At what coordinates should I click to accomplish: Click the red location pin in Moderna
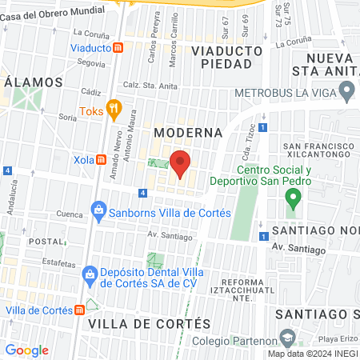181,163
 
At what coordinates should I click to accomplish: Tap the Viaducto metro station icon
118,47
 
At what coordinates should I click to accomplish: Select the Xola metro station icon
102,159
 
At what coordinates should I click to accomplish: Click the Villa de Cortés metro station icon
79,310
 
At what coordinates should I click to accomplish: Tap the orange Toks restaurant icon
114,106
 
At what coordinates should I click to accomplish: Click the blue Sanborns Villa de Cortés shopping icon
98,213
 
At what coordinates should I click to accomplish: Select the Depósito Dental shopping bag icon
91,277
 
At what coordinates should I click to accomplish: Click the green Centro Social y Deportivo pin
294,197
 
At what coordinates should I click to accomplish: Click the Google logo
26,350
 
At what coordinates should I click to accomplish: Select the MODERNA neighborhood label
187,131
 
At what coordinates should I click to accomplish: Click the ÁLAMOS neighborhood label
34,82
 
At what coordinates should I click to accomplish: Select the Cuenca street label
71,214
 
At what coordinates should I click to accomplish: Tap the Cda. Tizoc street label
250,135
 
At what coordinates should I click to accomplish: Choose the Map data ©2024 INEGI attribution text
312,354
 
